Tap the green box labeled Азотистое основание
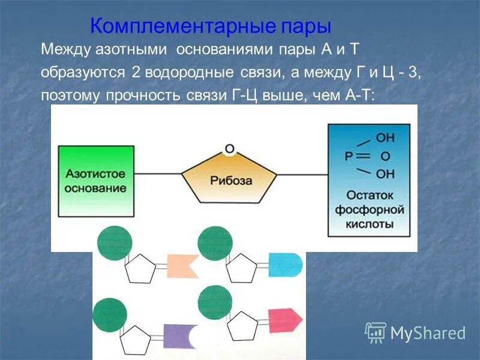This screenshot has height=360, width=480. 96,180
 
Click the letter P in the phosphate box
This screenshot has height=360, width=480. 349,156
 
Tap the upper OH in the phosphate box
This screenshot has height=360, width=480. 385,137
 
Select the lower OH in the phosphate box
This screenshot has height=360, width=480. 385,175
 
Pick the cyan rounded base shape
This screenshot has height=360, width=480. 284,265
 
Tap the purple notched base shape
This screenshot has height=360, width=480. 180,336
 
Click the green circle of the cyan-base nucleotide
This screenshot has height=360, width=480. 215,242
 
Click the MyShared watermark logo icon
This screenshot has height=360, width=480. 376,332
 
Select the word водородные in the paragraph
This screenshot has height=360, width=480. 190,73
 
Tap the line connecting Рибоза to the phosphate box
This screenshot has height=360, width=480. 302,175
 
